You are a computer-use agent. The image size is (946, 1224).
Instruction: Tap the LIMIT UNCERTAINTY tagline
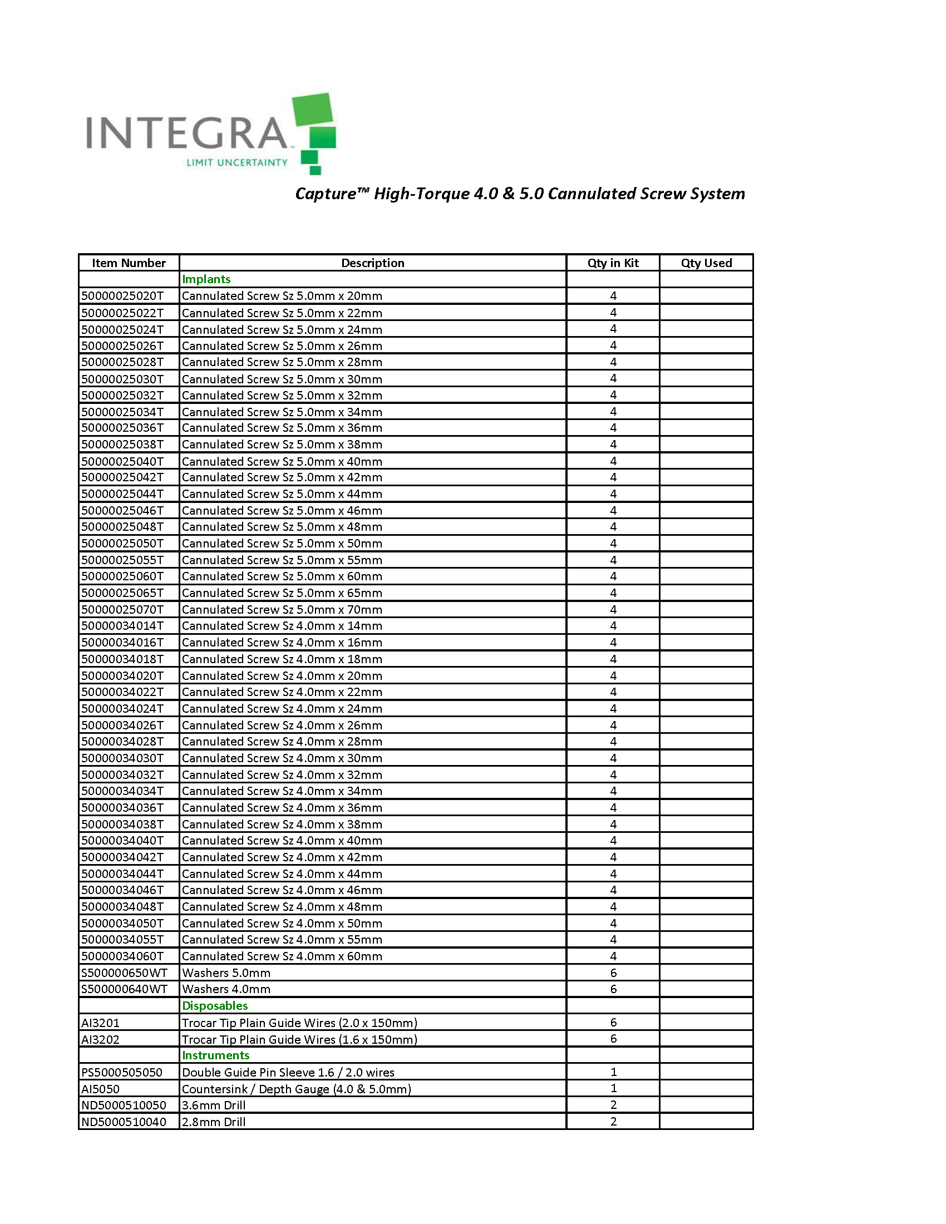coord(237,162)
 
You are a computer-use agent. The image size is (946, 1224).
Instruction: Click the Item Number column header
coord(129,263)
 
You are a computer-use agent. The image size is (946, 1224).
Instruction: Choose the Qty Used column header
coord(706,263)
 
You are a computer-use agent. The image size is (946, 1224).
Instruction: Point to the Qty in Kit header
coord(613,263)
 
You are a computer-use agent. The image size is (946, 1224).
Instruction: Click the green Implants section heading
coord(206,279)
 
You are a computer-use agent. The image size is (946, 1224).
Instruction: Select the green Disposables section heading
coord(215,1005)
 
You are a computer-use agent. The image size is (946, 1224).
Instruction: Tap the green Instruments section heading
coord(216,1055)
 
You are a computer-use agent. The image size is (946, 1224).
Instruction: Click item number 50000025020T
coord(123,296)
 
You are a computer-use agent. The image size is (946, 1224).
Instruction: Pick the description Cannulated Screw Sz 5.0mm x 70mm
coord(282,609)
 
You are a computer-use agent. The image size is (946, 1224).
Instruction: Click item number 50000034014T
coord(123,625)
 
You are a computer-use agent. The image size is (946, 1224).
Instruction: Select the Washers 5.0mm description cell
coord(226,973)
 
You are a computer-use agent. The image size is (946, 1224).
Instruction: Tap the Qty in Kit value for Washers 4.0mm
coord(613,989)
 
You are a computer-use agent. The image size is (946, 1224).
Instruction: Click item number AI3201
coord(100,1023)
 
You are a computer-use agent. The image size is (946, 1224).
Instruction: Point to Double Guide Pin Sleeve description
coord(288,1072)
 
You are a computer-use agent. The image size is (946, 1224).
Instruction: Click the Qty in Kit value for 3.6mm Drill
coord(613,1104)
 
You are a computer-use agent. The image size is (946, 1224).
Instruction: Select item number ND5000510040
coord(124,1122)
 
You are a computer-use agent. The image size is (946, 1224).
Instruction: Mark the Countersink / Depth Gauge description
coord(297,1089)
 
